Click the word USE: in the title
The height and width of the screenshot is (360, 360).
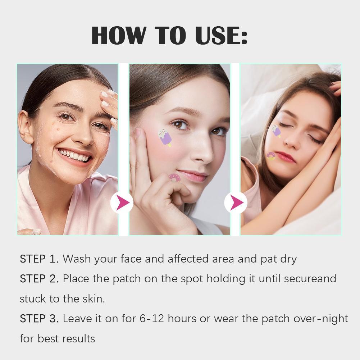tap(221, 35)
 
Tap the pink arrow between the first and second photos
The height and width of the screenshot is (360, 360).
tap(122, 202)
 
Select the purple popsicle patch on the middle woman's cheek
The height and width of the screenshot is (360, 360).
tap(165, 137)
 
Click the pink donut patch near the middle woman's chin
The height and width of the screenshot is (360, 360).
tap(174, 178)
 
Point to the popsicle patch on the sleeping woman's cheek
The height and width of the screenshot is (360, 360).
tap(276, 131)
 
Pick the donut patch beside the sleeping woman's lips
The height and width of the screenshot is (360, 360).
tap(271, 156)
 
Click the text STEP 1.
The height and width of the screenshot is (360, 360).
tap(39, 259)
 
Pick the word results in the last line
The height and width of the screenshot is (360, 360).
tap(78, 339)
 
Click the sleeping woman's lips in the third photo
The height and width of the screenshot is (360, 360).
tap(285, 157)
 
